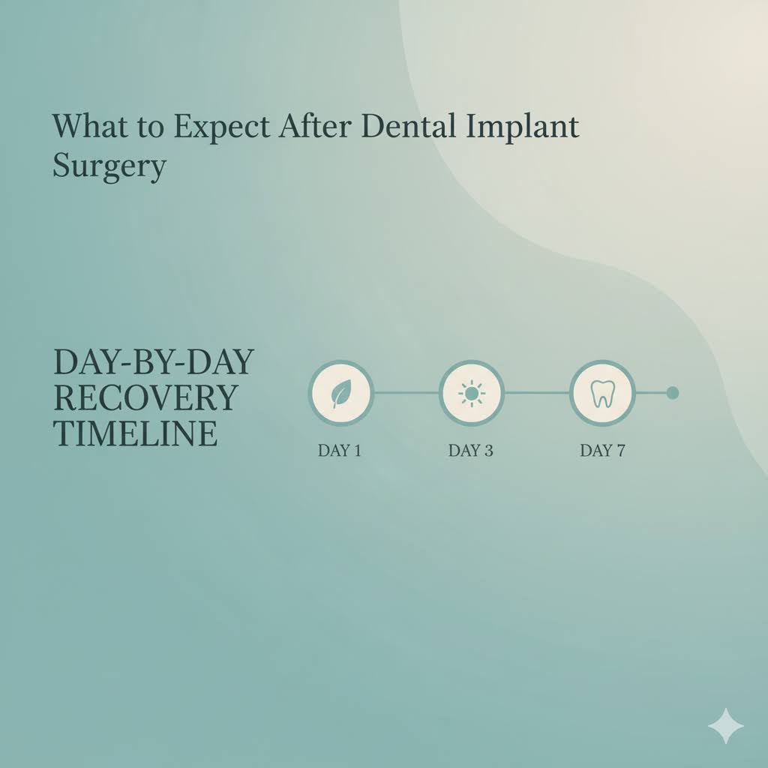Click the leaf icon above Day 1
tap(340, 393)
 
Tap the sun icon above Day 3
tap(471, 393)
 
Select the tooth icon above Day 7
tap(601, 393)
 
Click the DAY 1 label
tap(340, 451)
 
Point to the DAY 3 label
tap(471, 451)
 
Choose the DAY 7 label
tap(601, 451)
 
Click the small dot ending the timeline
tap(672, 393)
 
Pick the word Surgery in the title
tap(109, 166)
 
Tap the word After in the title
tap(317, 126)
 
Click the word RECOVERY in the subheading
tap(146, 398)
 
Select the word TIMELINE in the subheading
tap(136, 434)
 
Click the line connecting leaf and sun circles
tap(406, 393)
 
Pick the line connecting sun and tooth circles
tap(536, 393)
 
